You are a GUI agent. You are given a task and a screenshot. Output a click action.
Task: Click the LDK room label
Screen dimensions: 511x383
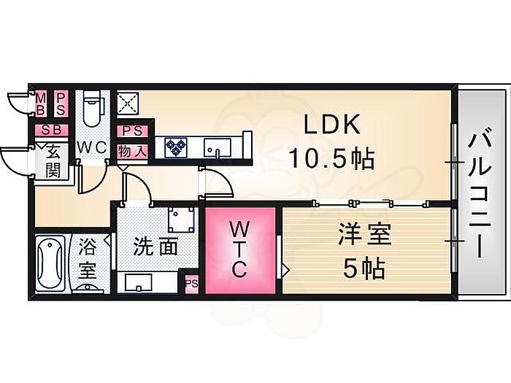click(332, 124)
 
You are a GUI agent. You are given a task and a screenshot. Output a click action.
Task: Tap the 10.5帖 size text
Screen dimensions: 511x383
click(331, 158)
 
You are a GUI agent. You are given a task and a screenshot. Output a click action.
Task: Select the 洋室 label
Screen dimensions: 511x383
click(365, 234)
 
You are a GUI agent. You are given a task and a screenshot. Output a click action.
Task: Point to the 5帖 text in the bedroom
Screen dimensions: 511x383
click(364, 268)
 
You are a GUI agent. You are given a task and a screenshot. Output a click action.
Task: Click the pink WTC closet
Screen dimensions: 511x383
click(240, 251)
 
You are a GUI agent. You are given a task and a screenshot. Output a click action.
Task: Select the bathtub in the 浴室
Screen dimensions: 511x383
click(50, 262)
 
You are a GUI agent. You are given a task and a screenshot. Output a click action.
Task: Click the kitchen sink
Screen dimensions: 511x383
click(217, 147)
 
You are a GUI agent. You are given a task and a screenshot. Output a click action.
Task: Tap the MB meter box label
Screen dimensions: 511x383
click(40, 104)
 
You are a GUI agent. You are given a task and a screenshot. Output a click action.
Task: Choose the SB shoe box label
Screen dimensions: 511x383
click(52, 130)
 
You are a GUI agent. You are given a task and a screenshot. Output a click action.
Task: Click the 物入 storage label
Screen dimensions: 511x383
click(131, 152)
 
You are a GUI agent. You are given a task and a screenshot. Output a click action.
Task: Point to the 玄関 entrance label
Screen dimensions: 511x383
click(53, 161)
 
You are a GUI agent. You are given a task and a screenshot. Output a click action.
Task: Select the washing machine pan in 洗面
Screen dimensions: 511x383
click(181, 220)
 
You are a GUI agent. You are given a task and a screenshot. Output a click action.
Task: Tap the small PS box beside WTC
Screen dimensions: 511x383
click(191, 284)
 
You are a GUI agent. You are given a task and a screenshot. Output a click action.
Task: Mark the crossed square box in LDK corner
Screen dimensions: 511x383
click(128, 104)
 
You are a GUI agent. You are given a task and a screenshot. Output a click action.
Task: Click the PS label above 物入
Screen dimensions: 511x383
click(132, 131)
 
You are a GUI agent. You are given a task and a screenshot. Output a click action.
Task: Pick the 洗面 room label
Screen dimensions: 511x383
click(155, 247)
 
